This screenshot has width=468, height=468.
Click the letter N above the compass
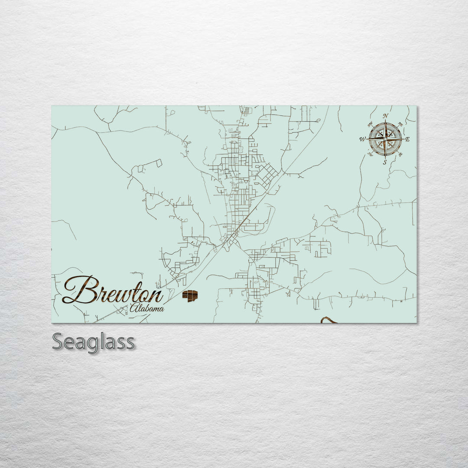tap(385, 116)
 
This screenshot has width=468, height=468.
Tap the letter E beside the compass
tap(407, 139)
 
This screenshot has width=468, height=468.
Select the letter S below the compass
tap(385, 162)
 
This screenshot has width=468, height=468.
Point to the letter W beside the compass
tap(362, 139)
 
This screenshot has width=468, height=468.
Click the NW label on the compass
tap(370, 125)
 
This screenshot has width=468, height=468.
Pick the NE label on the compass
tap(400, 125)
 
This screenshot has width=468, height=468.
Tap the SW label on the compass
tap(370, 153)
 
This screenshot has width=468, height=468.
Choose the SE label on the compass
tap(400, 153)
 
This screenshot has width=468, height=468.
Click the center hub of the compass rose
tap(385, 139)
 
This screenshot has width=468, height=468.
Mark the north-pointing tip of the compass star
tap(385, 122)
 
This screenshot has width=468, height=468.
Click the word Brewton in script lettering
tap(113, 290)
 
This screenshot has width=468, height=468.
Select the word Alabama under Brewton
tap(147, 309)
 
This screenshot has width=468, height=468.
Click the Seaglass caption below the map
tap(93, 342)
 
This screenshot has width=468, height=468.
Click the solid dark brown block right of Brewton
tap(190, 296)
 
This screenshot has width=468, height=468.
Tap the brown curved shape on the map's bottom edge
tap(328, 320)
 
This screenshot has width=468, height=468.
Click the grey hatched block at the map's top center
tap(247, 111)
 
